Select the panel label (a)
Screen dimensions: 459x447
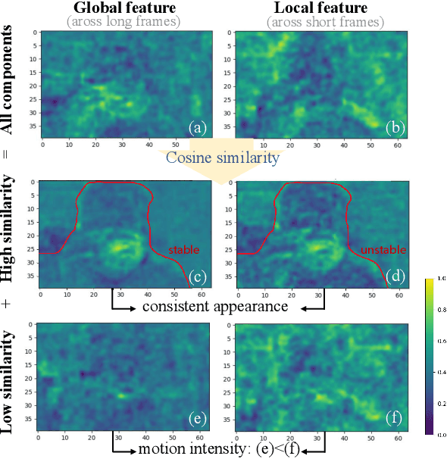(198, 127)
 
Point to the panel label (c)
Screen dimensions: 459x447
(198, 276)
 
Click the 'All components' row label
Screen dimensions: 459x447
(10, 80)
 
